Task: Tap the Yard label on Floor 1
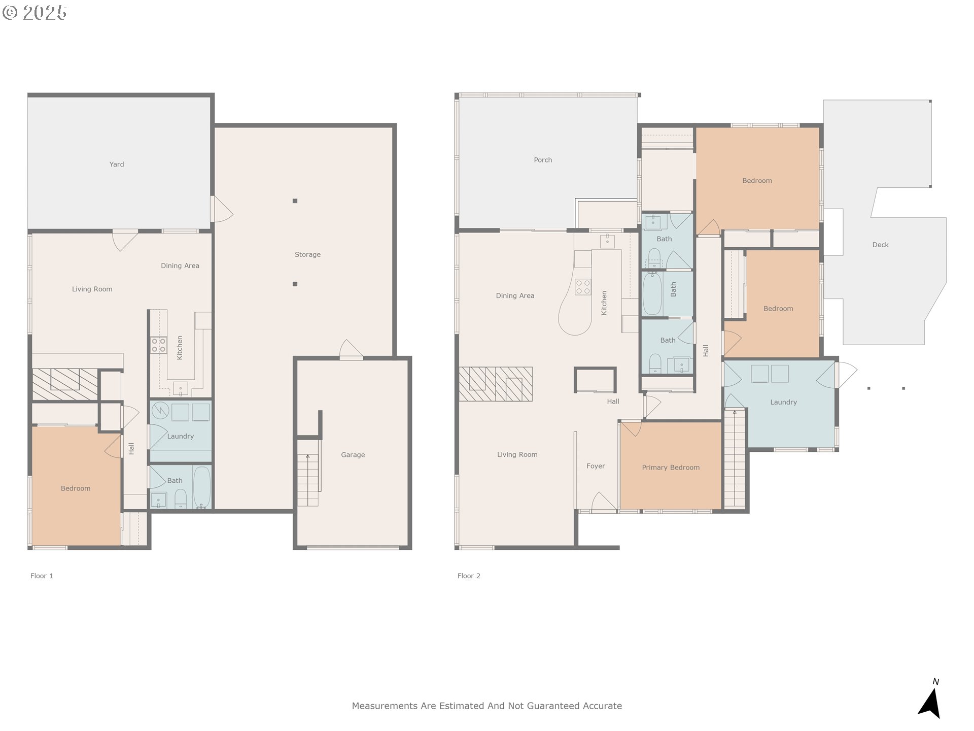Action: click(x=117, y=164)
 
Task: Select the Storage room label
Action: click(x=307, y=255)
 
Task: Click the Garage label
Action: click(x=353, y=455)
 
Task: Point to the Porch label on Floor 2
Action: click(x=543, y=160)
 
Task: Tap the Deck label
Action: click(x=880, y=245)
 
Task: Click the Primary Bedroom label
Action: click(x=671, y=468)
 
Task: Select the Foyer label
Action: click(x=596, y=466)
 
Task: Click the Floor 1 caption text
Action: click(x=42, y=576)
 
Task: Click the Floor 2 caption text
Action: click(x=469, y=576)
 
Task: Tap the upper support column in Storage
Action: click(x=295, y=201)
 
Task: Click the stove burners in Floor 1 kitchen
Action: click(x=158, y=346)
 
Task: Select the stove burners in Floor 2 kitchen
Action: click(x=583, y=287)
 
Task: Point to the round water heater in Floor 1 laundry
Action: click(x=160, y=410)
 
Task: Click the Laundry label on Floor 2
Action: click(x=783, y=402)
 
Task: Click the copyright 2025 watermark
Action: click(x=34, y=12)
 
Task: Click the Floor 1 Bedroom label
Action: click(x=76, y=488)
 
